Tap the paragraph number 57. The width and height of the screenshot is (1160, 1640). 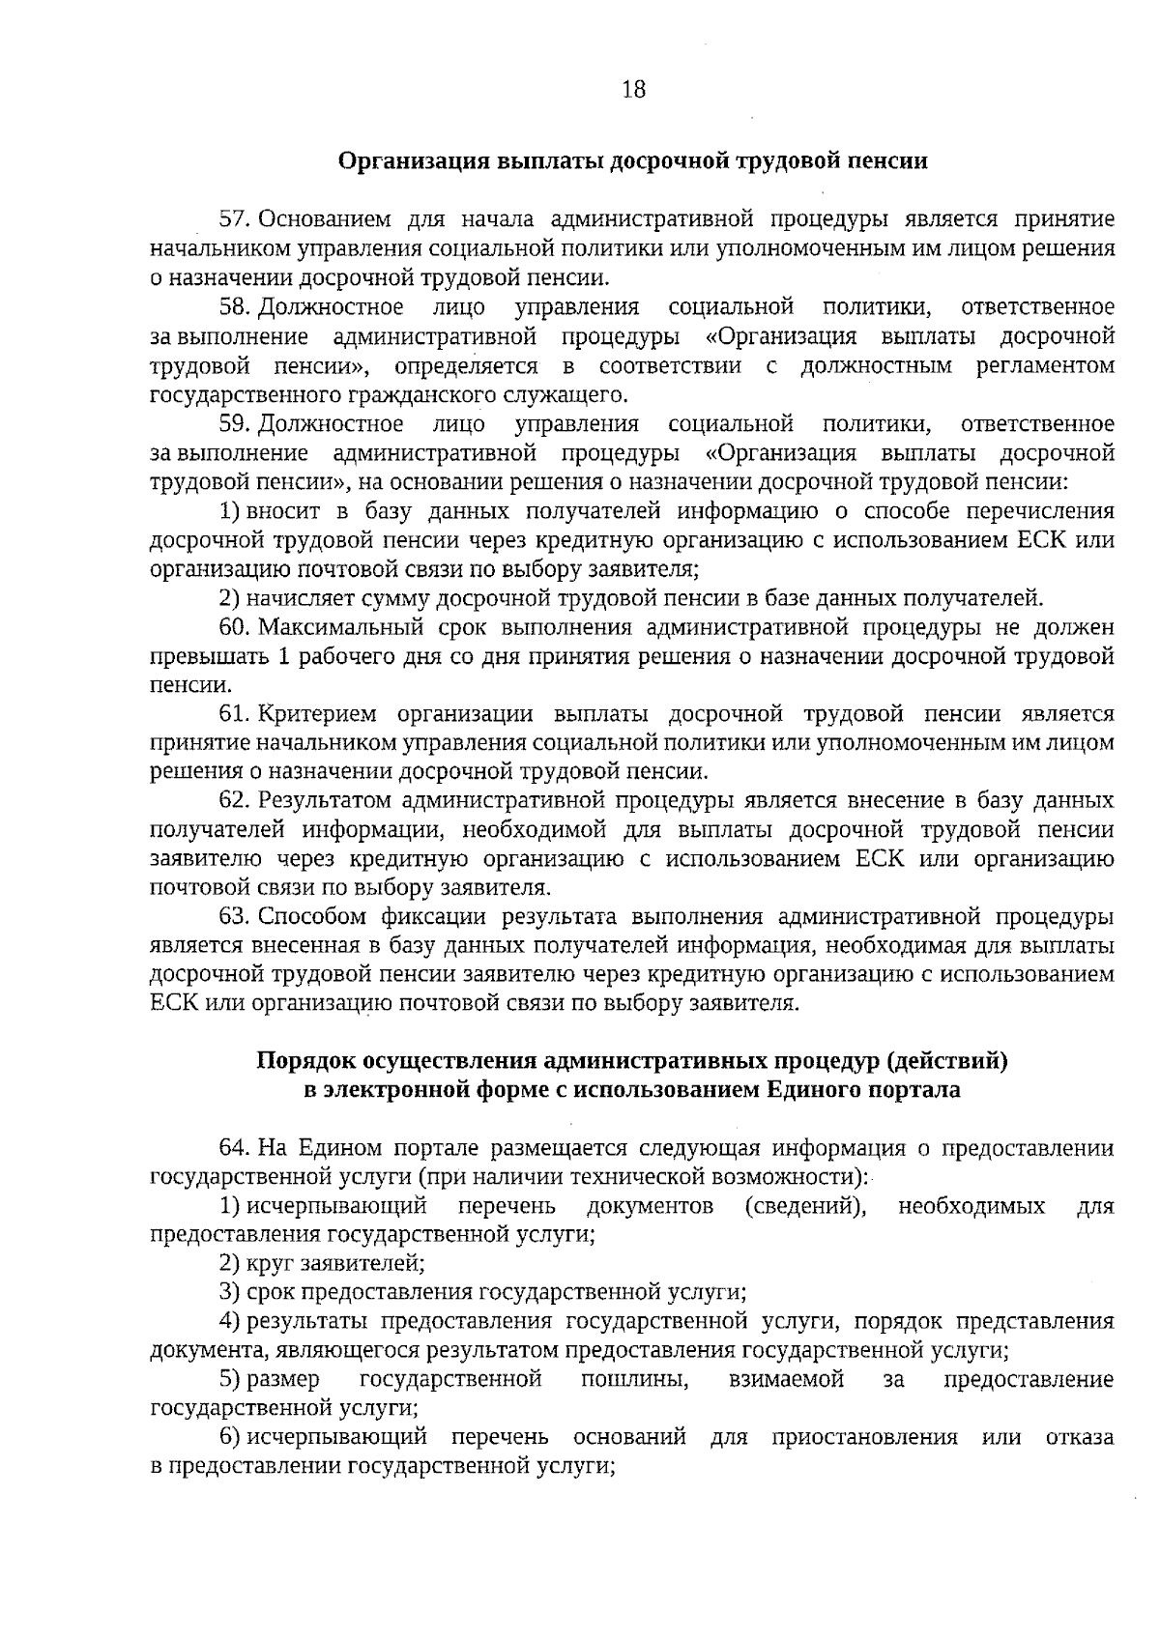click(235, 219)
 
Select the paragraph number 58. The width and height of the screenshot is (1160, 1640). click(235, 307)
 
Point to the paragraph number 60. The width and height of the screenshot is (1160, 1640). click(235, 627)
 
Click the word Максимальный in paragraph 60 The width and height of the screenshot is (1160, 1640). click(341, 627)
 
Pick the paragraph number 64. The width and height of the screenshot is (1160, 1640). click(235, 1147)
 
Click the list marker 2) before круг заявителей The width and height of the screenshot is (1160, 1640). click(229, 1262)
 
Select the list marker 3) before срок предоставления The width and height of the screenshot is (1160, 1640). click(229, 1291)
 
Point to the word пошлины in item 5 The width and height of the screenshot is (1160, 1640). click(634, 1379)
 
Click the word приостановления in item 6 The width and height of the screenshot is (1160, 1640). click(864, 1437)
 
